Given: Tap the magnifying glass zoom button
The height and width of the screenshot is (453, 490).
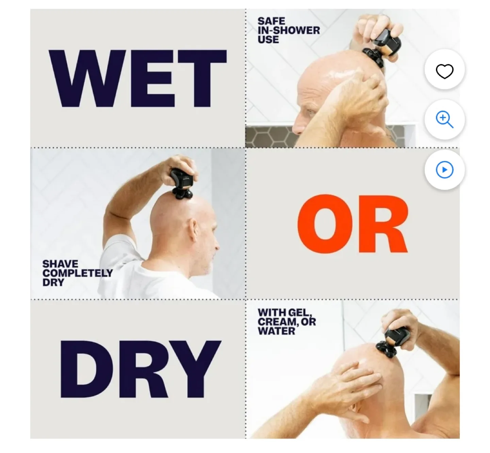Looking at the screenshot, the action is coord(444,120).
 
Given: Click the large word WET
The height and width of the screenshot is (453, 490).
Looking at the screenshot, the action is coord(137,78).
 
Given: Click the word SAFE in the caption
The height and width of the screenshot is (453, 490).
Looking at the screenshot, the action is coord(272,21).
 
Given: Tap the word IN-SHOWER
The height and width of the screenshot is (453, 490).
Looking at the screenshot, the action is coord(289,30).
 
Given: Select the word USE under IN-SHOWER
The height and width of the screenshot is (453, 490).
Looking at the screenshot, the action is coord(268,39).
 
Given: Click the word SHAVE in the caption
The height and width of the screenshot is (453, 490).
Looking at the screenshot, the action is coord(60,264).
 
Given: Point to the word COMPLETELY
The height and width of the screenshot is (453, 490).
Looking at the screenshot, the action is coord(78,273).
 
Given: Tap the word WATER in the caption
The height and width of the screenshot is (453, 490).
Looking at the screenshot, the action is coord(276,331).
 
